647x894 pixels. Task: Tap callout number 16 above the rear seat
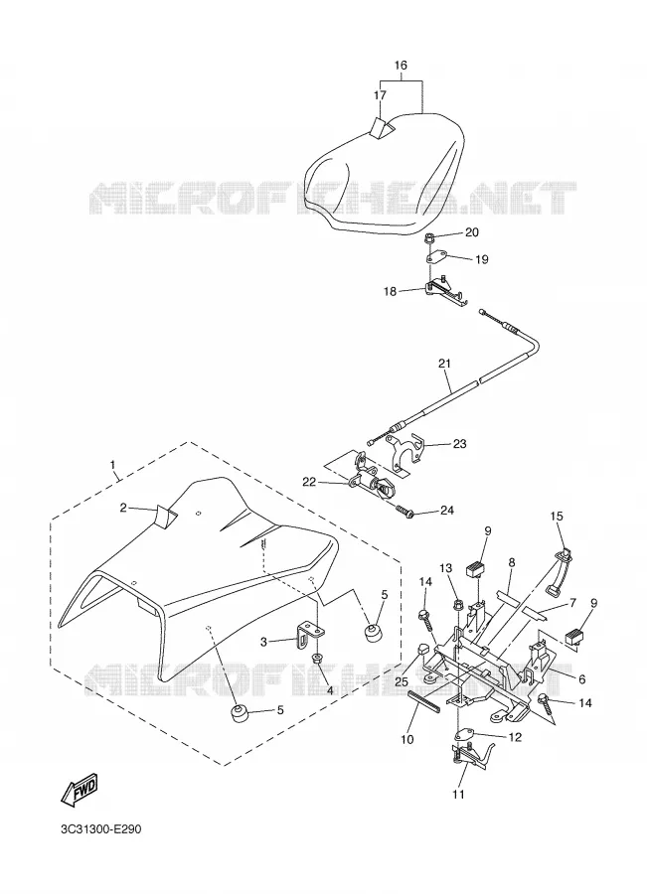[x=402, y=65]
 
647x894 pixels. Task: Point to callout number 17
[x=380, y=95]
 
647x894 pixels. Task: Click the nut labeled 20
[x=428, y=237]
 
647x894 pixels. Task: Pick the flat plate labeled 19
[x=437, y=257]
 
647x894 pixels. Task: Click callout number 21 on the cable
[x=444, y=364]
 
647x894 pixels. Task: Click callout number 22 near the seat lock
[x=309, y=482]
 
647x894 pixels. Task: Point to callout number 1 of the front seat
[x=112, y=465]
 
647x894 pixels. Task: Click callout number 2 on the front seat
[x=123, y=507]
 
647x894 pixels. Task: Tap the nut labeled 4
[x=316, y=659]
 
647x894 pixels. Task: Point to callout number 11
[x=459, y=794]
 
